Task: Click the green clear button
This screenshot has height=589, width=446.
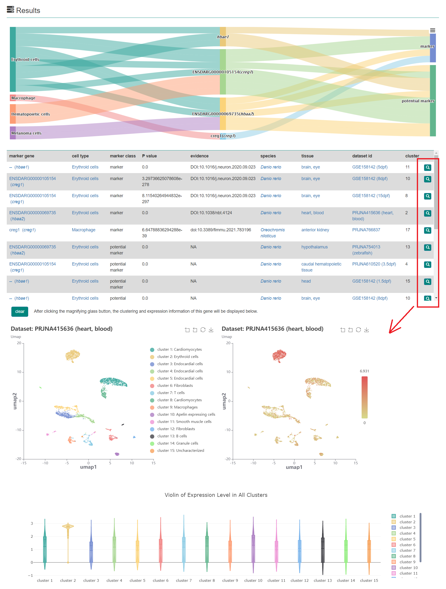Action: [x=20, y=311]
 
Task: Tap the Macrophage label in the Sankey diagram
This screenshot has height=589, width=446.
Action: [x=23, y=98]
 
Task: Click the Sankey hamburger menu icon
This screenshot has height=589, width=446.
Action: [x=432, y=30]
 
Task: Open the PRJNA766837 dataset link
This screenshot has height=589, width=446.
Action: [x=366, y=230]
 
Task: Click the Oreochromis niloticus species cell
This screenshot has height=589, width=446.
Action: [x=272, y=233]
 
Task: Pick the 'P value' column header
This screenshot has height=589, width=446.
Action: [x=149, y=156]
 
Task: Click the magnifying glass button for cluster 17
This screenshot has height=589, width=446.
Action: [x=427, y=230]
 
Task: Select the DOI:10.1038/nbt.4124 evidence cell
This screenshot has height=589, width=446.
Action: [x=211, y=213]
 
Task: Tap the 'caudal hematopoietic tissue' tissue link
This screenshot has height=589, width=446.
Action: [x=321, y=267]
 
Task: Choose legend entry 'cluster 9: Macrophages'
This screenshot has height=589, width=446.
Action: [x=177, y=407]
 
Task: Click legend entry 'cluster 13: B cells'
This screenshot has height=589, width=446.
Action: [x=172, y=436]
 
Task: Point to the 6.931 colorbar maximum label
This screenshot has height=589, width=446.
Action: [x=364, y=371]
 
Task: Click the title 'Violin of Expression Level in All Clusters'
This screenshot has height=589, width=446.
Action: [x=216, y=495]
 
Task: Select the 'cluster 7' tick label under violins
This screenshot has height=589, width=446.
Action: [x=183, y=580]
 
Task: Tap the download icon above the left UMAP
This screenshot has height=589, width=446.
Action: [x=211, y=330]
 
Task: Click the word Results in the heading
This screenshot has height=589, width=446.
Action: [x=28, y=10]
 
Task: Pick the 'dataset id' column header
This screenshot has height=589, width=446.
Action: [x=362, y=156]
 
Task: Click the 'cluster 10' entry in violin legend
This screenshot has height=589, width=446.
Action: [x=408, y=567]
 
